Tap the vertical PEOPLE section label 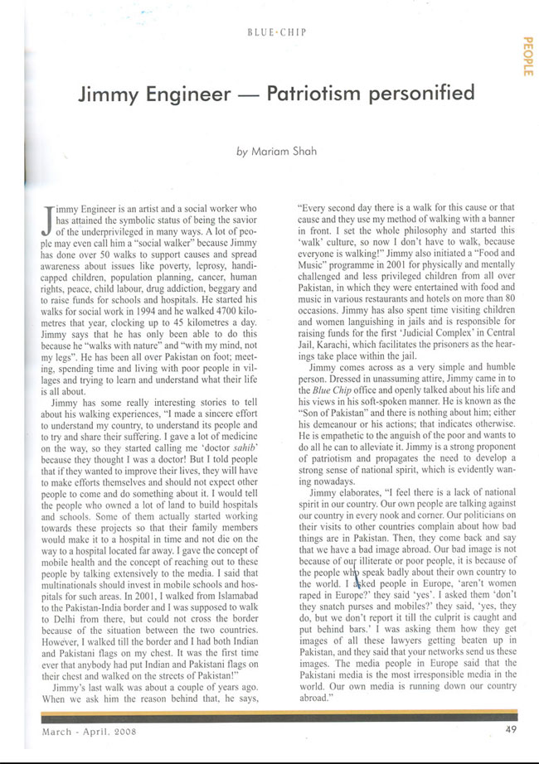coord(527,57)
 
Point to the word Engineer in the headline coord(178,93)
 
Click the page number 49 coord(511,730)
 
